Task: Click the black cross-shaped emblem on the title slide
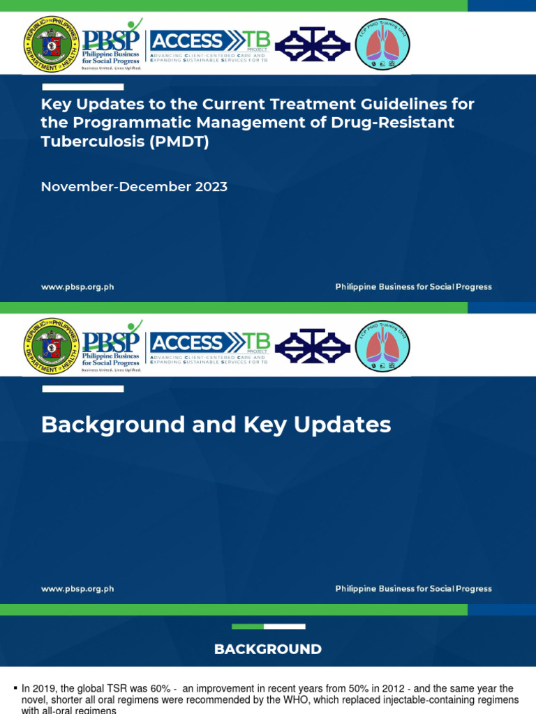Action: coord(312,44)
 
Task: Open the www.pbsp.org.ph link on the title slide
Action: coord(77,287)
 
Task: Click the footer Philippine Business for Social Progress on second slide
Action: coord(413,588)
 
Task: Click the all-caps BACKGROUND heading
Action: coord(268,649)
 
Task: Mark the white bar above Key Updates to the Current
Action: coord(83,87)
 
